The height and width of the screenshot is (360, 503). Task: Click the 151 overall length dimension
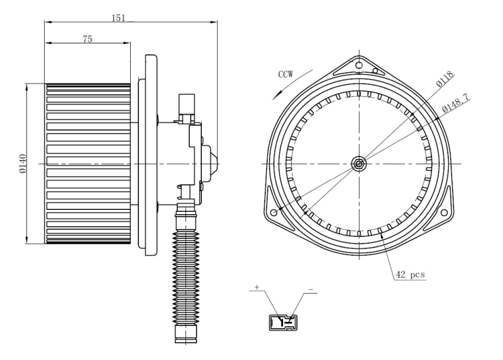tap(118, 18)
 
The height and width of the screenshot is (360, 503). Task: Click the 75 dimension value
tap(87, 39)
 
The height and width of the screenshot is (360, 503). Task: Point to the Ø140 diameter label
tap(22, 163)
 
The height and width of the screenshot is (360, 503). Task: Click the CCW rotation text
tap(287, 74)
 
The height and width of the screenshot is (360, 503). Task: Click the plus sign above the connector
tap(257, 287)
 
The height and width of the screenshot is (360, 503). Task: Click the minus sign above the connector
tap(311, 290)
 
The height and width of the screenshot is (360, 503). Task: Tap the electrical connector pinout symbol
tap(282, 322)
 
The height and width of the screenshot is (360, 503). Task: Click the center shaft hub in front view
tap(358, 164)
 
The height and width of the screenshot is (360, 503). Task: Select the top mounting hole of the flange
tap(358, 63)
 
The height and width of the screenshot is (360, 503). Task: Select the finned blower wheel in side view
tap(88, 163)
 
